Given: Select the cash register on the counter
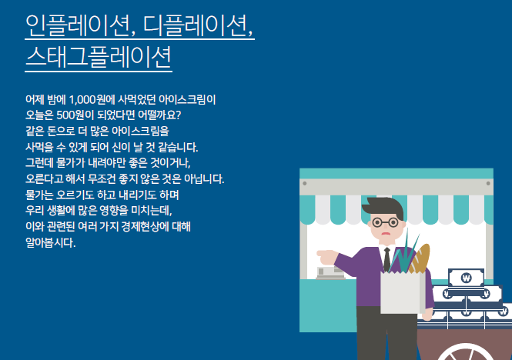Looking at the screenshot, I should [329, 271].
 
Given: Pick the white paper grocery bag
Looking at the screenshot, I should [401, 292].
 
